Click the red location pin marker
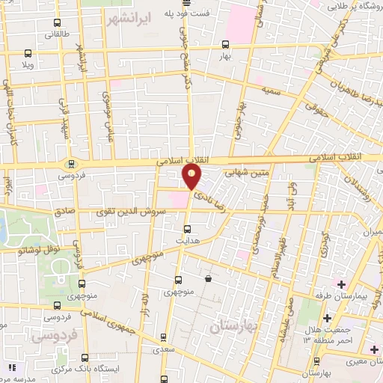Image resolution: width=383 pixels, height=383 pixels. tap(192, 177)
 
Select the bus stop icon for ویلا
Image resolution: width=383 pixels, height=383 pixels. tap(28, 53)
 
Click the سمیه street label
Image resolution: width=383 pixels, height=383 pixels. tap(270, 90)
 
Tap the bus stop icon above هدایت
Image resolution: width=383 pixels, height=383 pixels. tap(188, 229)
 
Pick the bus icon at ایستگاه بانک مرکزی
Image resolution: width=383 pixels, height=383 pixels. tap(85, 356)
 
